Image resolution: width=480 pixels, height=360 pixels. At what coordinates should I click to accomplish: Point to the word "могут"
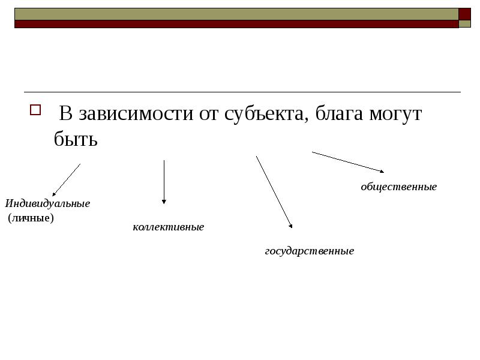397,114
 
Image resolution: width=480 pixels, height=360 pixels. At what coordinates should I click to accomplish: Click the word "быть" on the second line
76,140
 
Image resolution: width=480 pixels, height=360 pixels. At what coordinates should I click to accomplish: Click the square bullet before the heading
35,110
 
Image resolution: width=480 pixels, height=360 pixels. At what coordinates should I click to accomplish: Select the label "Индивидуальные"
47,203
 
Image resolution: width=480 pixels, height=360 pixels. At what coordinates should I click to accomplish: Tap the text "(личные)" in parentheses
31,218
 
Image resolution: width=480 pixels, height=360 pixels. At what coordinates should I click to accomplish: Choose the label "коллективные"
169,227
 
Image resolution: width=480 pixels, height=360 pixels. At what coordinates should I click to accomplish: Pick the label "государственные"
310,251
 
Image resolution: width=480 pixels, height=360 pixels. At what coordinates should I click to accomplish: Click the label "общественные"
399,187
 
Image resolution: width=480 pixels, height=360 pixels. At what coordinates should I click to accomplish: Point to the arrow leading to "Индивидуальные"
67,179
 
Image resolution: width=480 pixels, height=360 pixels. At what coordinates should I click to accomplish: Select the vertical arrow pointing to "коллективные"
164,182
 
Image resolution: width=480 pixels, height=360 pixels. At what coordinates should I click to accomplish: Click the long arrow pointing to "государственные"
274,192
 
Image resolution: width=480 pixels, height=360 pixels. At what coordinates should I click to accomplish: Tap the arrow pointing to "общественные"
347,162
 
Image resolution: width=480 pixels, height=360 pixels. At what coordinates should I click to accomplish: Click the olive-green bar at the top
236,14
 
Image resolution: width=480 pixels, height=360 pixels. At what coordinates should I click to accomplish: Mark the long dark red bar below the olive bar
236,24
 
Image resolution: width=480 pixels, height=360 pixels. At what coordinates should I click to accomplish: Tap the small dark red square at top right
465,14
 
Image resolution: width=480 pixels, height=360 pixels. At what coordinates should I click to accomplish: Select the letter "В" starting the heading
66,114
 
